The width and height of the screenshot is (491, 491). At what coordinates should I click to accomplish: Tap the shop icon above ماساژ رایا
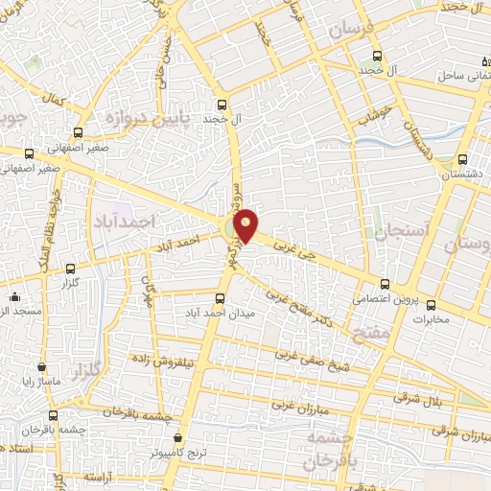41,366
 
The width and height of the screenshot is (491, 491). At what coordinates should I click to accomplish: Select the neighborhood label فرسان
348,31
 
